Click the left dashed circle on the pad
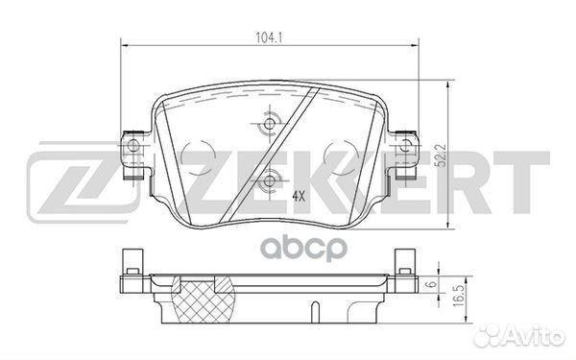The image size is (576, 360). point(199,155)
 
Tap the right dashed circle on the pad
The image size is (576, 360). point(341,155)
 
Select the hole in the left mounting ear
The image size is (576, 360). point(132,146)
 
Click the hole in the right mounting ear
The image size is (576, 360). point(407,146)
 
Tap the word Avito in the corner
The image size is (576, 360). point(537,336)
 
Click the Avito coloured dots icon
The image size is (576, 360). point(496,335)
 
